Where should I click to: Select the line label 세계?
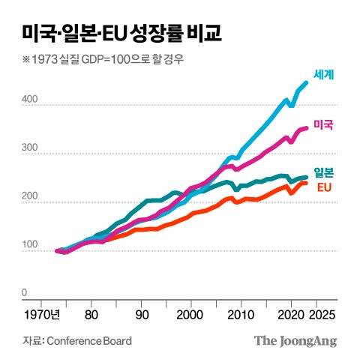coord(323,75)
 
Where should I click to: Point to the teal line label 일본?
coord(323,171)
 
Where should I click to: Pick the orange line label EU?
coord(325,187)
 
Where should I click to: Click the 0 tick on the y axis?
coord(25,293)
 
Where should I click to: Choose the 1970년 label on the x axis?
coord(41,315)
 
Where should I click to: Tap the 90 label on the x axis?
coord(142,315)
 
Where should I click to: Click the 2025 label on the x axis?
coord(316,315)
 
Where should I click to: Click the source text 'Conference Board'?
coord(89,341)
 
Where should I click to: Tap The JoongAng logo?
coord(295,341)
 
